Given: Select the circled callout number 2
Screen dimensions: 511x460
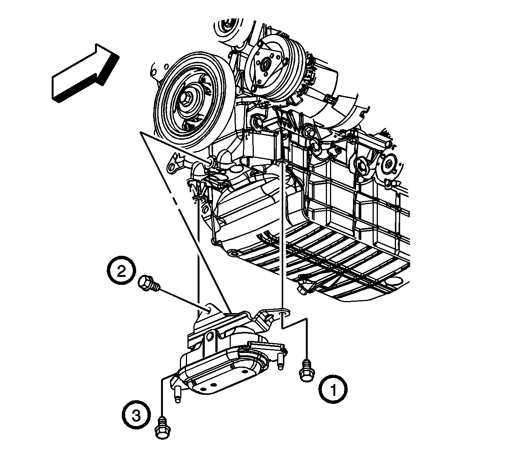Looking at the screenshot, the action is (x=121, y=270).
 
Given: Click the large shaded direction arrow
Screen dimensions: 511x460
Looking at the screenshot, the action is (x=86, y=73).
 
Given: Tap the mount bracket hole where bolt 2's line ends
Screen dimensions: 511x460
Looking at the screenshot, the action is (x=207, y=310).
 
